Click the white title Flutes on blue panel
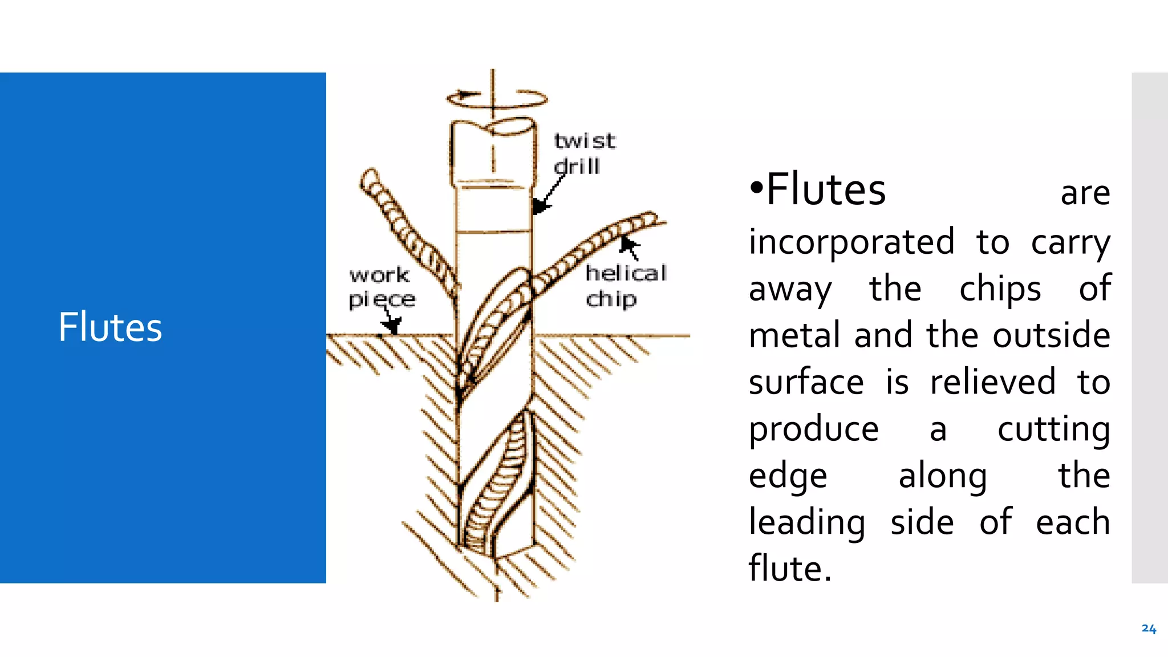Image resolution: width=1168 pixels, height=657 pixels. tap(110, 327)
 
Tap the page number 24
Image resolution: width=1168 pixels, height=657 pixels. tap(1149, 628)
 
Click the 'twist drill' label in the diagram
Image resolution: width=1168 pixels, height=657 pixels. tap(585, 153)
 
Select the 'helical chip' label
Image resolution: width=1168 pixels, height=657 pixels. tap(626, 286)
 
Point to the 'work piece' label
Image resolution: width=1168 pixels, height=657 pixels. tap(382, 287)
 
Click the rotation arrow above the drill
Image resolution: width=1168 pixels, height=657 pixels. tap(496, 98)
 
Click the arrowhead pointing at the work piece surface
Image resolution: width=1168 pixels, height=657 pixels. tap(391, 326)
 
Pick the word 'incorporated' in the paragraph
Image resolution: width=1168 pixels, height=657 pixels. tap(851, 242)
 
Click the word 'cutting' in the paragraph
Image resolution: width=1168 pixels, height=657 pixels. tap(1054, 429)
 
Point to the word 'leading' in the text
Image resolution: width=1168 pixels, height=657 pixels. tap(807, 523)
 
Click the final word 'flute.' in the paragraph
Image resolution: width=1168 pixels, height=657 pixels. tap(790, 569)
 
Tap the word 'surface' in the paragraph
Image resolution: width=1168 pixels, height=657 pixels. tap(806, 383)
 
